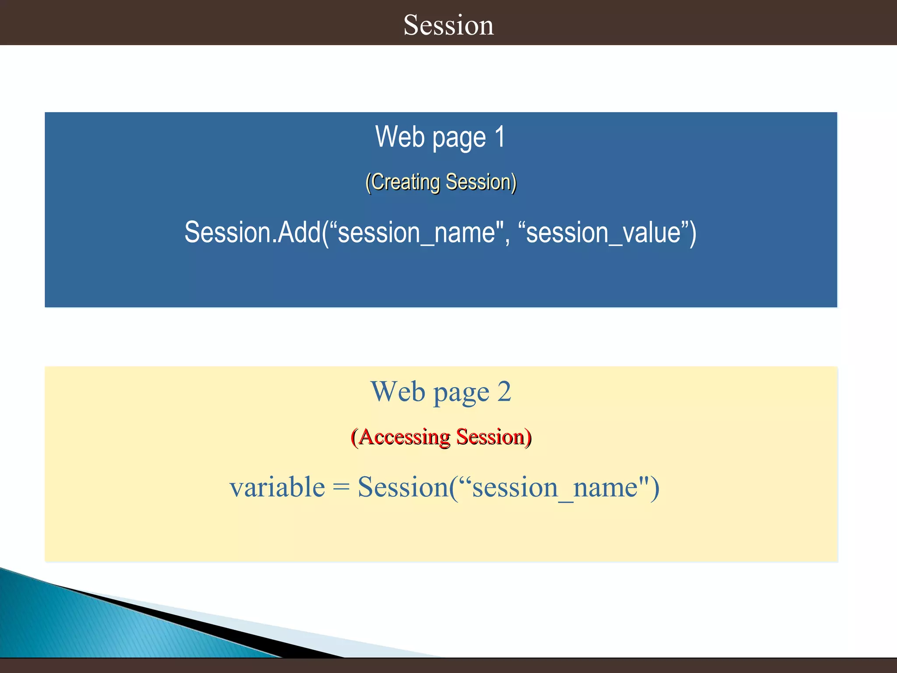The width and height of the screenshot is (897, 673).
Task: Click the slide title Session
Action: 448,25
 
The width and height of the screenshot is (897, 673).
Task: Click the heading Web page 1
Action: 440,137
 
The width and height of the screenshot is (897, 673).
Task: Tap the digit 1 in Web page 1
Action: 499,137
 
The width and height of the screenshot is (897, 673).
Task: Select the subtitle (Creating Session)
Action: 441,182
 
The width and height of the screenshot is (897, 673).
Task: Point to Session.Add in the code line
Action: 252,232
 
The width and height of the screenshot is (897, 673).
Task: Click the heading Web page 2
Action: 441,391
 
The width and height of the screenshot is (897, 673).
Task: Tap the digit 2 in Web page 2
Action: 504,391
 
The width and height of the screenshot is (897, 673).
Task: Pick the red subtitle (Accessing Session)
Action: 441,437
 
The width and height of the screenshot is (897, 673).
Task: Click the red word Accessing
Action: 404,437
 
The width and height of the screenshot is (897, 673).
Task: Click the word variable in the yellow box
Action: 277,487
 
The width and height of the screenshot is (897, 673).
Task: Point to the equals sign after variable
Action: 341,488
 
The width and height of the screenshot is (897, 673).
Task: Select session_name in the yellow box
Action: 555,487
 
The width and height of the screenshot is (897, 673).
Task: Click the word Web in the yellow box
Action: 398,391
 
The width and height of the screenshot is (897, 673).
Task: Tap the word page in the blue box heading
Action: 459,138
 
